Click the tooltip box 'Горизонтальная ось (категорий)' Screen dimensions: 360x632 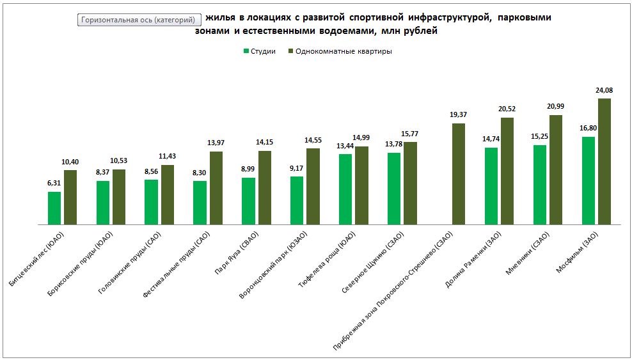pyautogui.click(x=139, y=20)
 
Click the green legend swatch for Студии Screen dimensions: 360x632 pyautogui.click(x=246, y=51)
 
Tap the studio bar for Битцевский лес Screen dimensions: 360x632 pyautogui.click(x=54, y=208)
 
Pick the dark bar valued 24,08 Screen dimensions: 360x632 pyautogui.click(x=604, y=161)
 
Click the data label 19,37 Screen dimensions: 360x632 pyautogui.click(x=459, y=114)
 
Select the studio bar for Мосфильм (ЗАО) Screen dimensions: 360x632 pyautogui.click(x=588, y=180)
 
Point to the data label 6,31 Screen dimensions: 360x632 pyautogui.click(x=54, y=183)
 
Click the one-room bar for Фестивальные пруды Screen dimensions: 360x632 pyautogui.click(x=216, y=188)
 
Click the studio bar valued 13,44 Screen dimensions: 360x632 pyautogui.click(x=345, y=189)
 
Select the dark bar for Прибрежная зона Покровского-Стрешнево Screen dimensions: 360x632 pyautogui.click(x=459, y=174)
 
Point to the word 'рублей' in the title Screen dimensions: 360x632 pyautogui.click(x=422, y=31)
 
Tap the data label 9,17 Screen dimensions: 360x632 pyautogui.click(x=297, y=168)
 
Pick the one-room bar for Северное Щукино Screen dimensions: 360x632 pyautogui.click(x=410, y=183)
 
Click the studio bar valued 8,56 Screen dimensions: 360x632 pyautogui.click(x=152, y=202)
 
